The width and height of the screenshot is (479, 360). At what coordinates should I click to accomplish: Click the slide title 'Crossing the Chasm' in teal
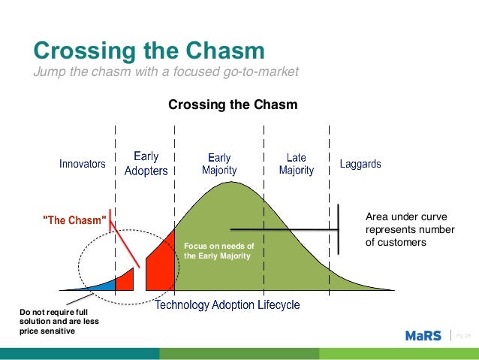coord(149,51)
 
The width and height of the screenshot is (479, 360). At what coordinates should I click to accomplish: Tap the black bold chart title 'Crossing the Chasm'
coord(233,104)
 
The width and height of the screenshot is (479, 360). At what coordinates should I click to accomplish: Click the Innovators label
coord(83,164)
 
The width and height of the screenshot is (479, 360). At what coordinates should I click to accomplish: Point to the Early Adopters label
coord(146,164)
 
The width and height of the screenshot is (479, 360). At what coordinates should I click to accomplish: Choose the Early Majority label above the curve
coord(219,164)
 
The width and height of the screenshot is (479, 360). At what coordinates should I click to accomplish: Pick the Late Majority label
coord(297,164)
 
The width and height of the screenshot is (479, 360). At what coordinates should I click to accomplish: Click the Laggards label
coord(360,164)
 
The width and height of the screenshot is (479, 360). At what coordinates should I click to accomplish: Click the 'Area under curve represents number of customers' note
coord(409,230)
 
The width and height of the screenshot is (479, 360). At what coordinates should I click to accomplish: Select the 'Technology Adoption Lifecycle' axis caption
coord(227,305)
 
